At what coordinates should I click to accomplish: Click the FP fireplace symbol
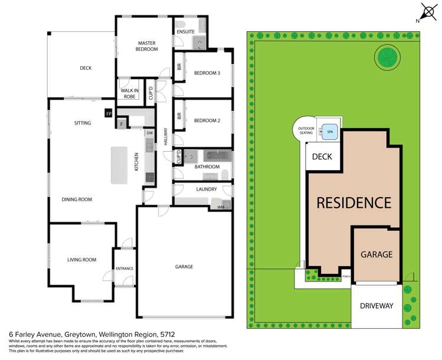[109, 113]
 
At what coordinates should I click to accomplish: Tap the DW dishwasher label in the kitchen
[149, 133]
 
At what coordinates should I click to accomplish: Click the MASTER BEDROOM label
[147, 46]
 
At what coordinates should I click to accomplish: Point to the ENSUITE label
[185, 31]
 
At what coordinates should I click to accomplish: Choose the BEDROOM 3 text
[207, 73]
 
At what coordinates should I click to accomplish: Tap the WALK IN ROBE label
[130, 93]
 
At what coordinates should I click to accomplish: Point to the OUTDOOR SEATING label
[306, 130]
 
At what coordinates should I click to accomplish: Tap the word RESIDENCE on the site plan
[354, 202]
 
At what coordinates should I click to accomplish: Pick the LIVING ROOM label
[78, 260]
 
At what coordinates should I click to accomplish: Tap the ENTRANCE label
[124, 269]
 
